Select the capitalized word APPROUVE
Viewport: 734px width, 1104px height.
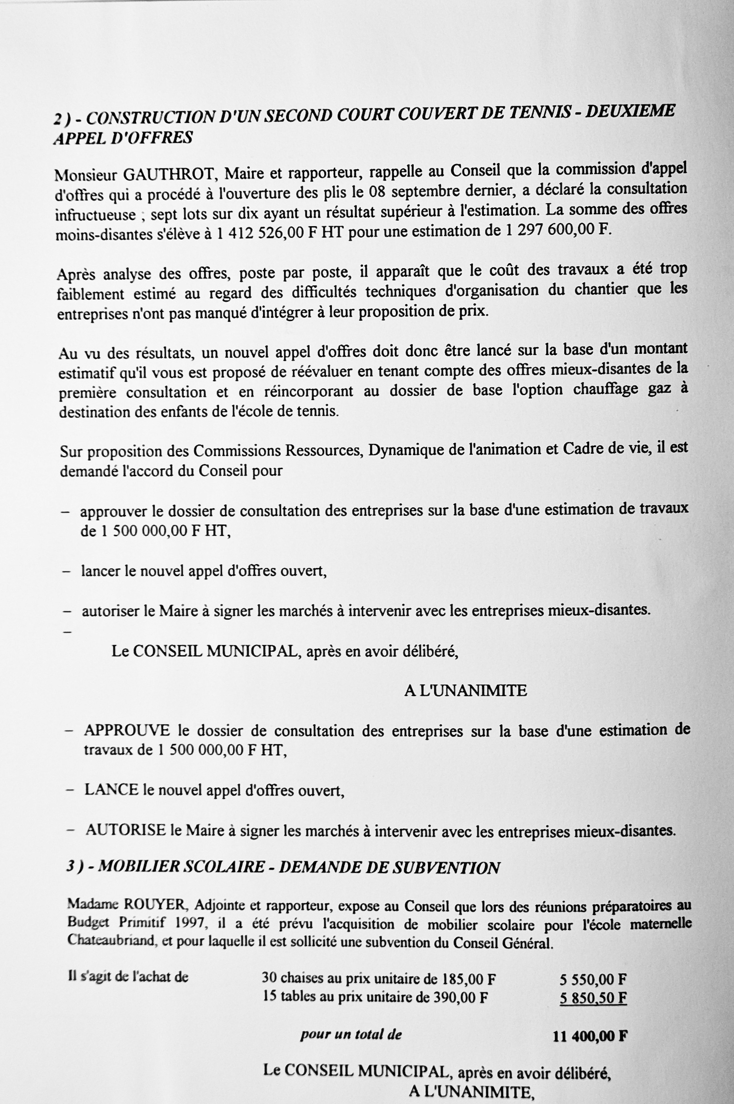(x=127, y=731)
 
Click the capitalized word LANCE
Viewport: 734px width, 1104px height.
(x=111, y=789)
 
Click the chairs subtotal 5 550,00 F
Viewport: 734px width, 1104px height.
(x=593, y=979)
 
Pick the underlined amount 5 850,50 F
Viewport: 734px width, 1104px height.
(x=593, y=998)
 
